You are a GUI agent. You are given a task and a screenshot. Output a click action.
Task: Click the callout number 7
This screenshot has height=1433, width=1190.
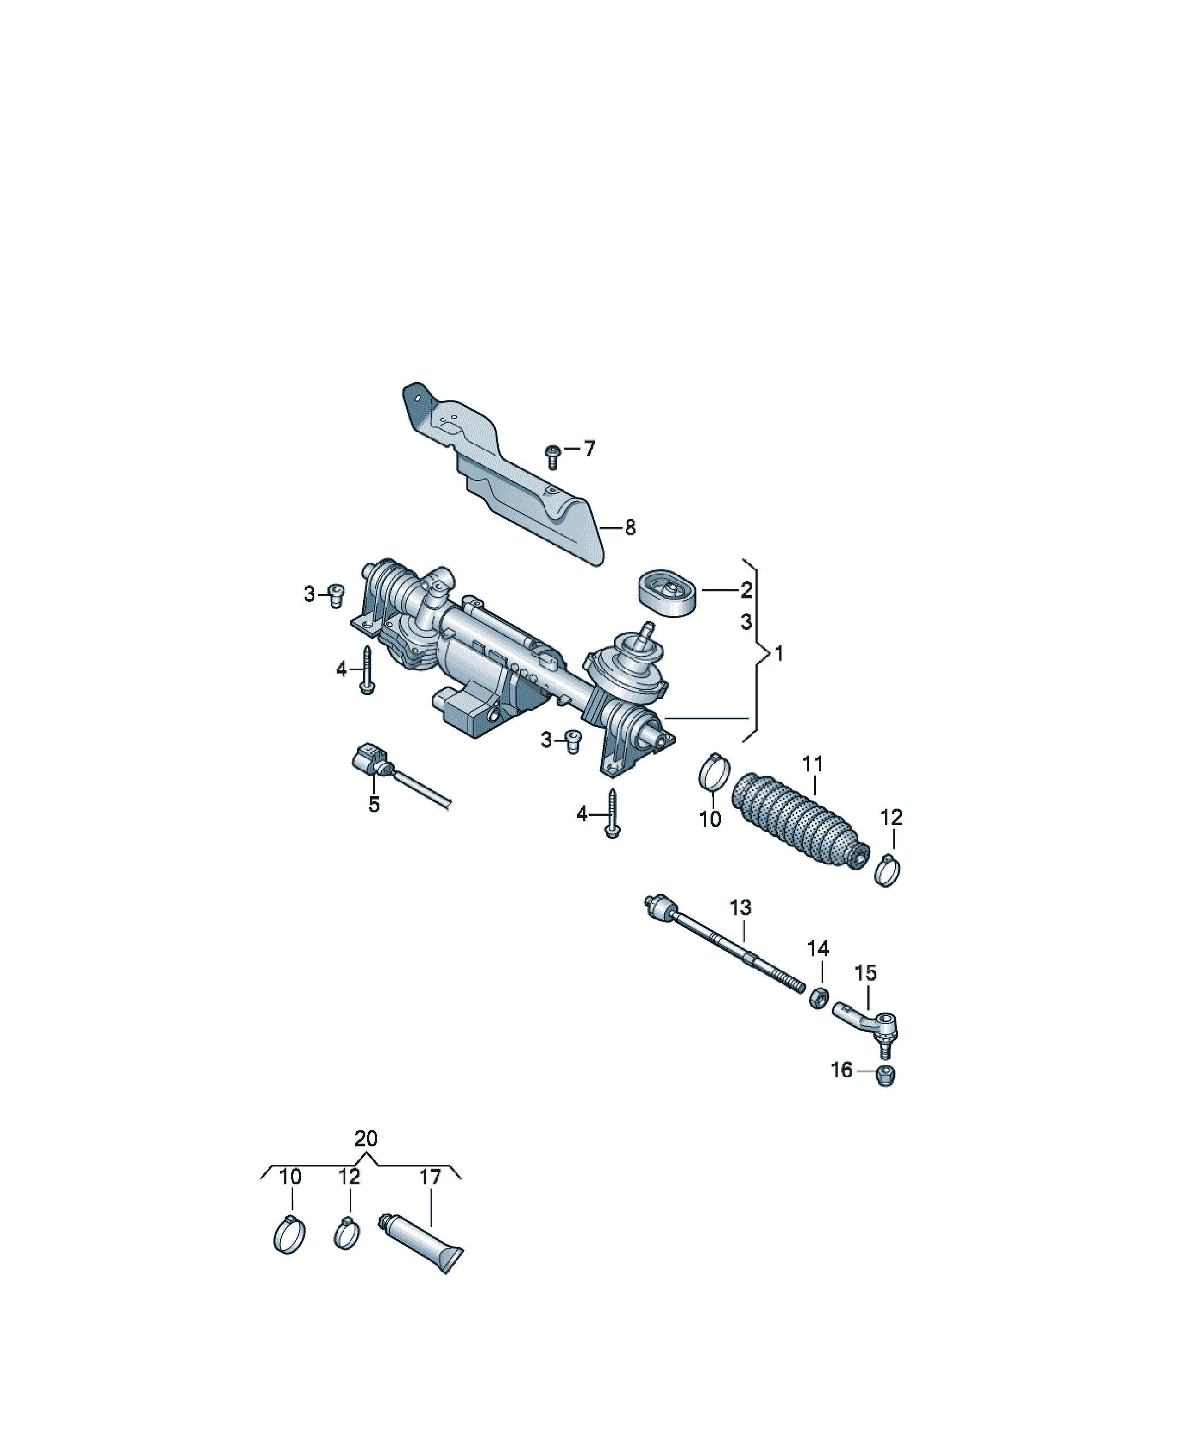click(590, 448)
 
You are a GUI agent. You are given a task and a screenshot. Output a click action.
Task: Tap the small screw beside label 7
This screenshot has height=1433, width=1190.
click(553, 456)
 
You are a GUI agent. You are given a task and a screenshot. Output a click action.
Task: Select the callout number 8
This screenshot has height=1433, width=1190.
click(630, 527)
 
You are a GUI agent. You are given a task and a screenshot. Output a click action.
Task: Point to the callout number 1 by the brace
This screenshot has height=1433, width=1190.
click(779, 654)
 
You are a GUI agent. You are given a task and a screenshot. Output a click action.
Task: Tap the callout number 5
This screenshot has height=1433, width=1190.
click(374, 804)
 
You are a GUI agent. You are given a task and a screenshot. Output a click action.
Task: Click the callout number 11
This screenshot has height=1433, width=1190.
click(813, 764)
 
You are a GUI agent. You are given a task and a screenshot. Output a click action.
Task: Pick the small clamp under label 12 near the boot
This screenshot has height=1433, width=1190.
click(886, 870)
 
